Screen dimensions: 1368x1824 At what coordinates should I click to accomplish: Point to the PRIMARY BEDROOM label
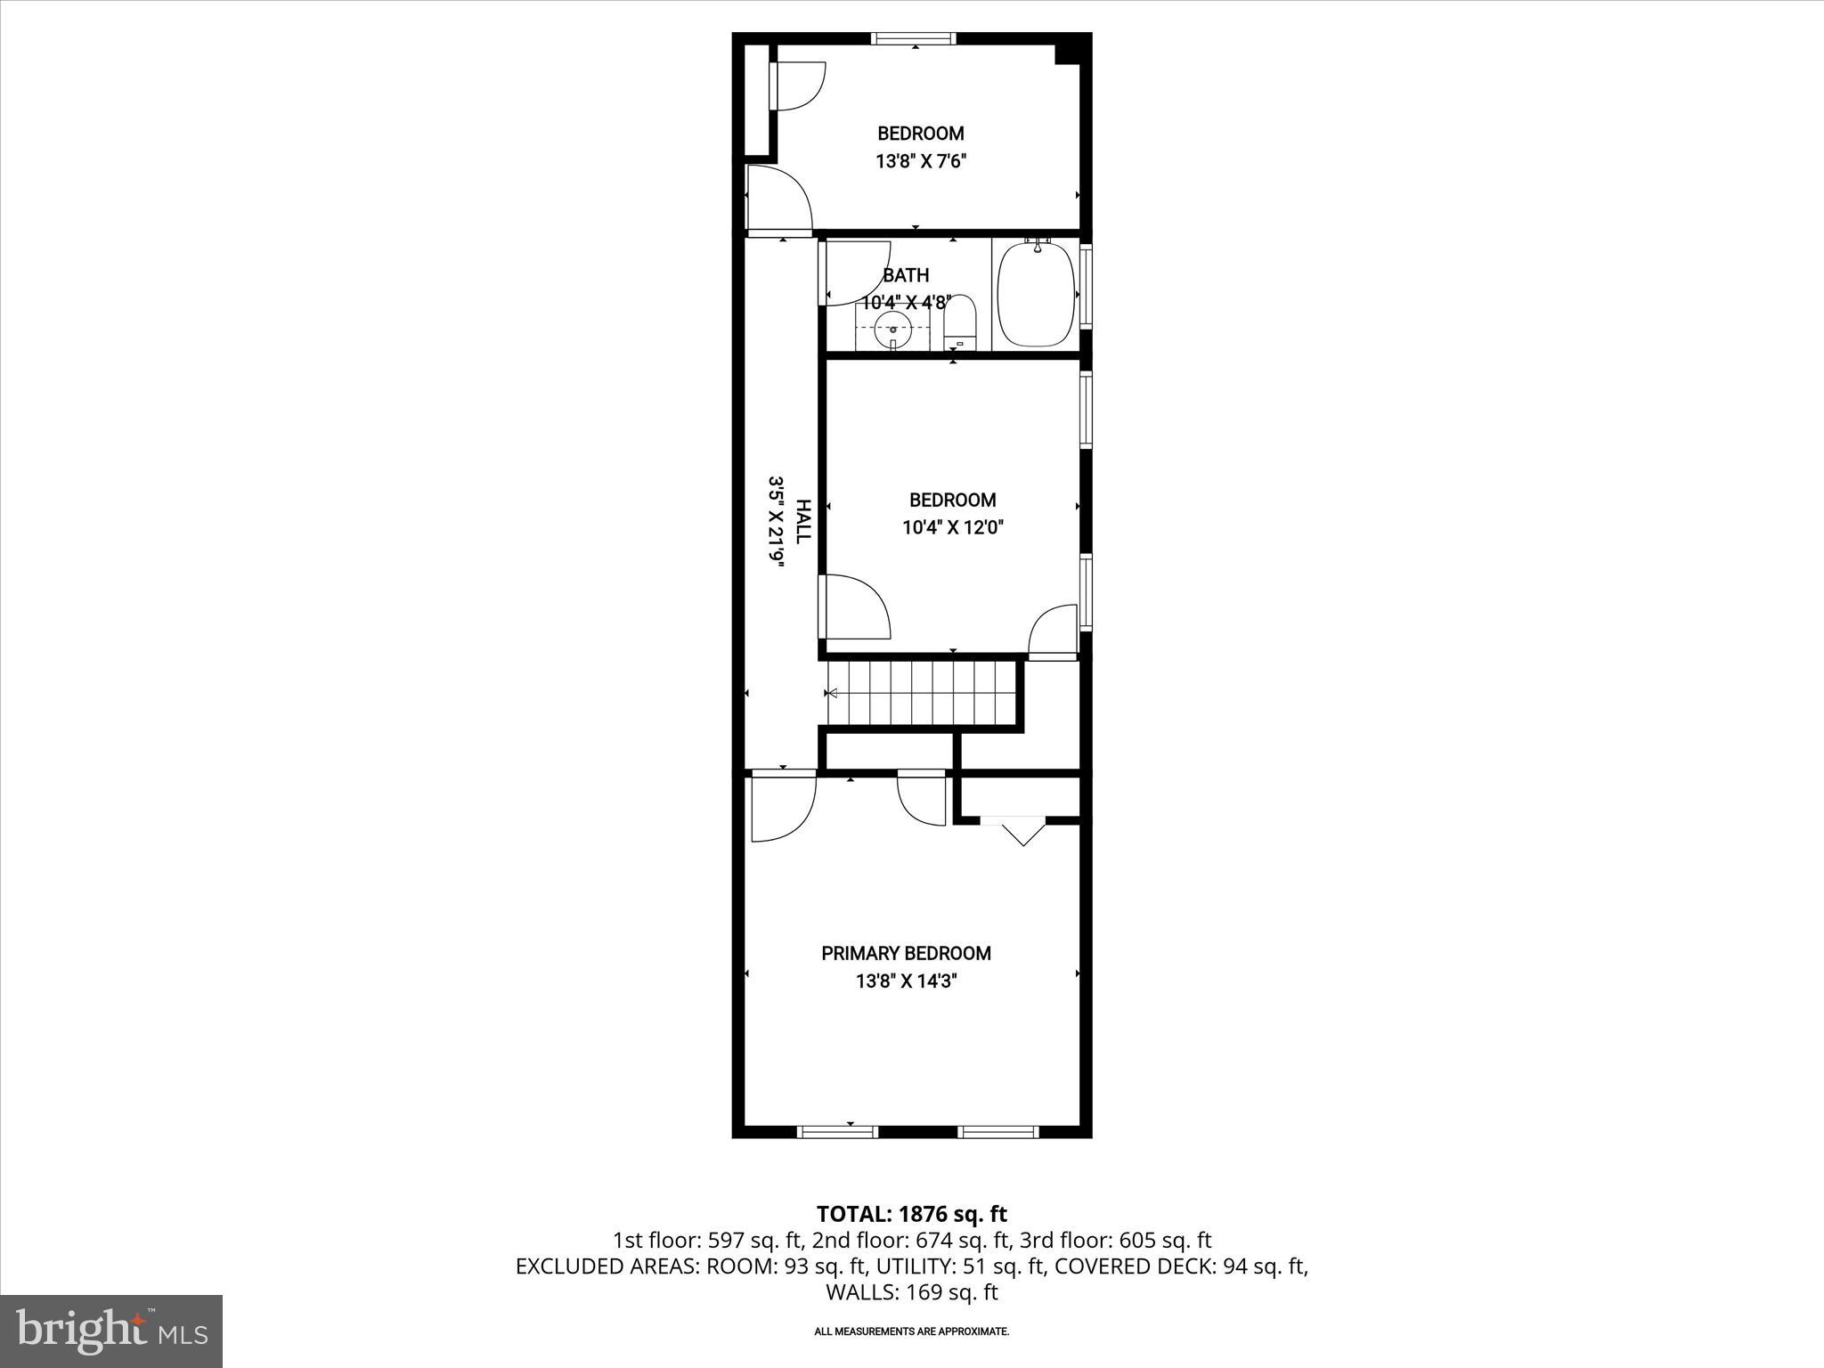click(906, 954)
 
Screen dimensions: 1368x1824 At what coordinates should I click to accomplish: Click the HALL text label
click(803, 522)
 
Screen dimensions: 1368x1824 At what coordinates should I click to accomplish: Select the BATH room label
click(906, 275)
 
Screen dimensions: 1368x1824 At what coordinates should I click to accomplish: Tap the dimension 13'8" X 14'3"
click(906, 981)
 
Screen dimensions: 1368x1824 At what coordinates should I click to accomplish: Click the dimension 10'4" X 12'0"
click(952, 527)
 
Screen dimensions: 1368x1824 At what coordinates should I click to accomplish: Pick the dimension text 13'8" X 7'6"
click(920, 161)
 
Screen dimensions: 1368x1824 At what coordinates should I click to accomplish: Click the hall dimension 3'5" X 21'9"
click(776, 522)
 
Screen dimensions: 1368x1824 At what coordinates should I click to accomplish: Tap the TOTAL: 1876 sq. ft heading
click(911, 1214)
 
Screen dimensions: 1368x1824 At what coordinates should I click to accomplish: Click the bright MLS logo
click(111, 1331)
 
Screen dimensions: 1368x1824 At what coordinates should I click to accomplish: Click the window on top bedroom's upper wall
click(914, 38)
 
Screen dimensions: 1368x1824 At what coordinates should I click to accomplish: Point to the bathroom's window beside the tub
click(1086, 295)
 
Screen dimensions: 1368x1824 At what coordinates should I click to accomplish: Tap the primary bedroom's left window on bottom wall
click(836, 1132)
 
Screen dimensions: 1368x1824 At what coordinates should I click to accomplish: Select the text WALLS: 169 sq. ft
click(911, 1292)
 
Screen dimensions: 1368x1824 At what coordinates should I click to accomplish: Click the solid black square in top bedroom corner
click(1066, 53)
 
